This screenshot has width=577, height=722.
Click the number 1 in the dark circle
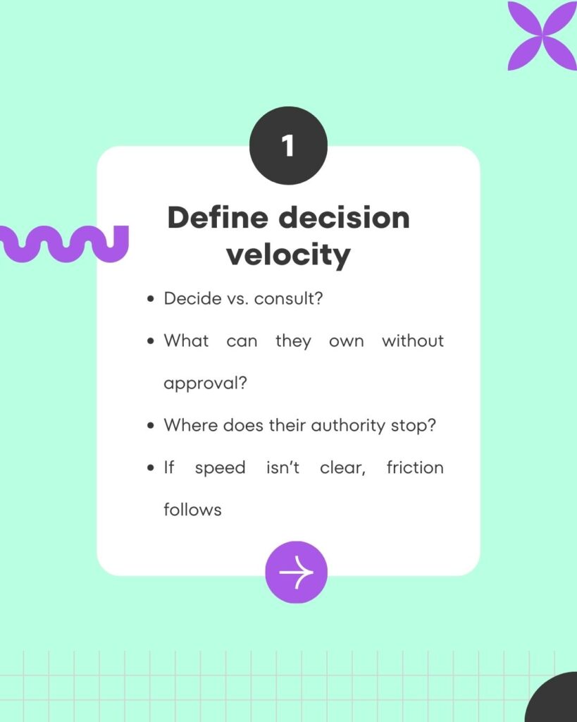[x=287, y=145]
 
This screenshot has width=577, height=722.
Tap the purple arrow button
[x=297, y=572]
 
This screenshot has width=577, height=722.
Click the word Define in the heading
[x=218, y=217]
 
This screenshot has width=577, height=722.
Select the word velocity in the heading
[x=288, y=255]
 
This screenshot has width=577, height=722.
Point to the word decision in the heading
[x=345, y=217]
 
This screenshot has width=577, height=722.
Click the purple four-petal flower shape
[x=542, y=35]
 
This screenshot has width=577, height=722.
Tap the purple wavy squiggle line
[x=64, y=243]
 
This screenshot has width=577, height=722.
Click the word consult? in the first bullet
[x=289, y=298]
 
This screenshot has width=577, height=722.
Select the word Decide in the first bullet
[x=193, y=298]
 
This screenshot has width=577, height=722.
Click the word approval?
[x=205, y=383]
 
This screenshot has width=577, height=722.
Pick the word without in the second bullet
[x=413, y=341]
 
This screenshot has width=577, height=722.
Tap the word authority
[x=348, y=425]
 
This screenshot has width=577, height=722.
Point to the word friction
[x=415, y=467]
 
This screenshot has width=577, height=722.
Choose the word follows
[x=193, y=510]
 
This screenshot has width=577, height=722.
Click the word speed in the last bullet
[x=220, y=468]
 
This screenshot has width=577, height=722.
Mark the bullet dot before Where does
[x=151, y=426]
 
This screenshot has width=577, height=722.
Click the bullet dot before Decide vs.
[x=151, y=299]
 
